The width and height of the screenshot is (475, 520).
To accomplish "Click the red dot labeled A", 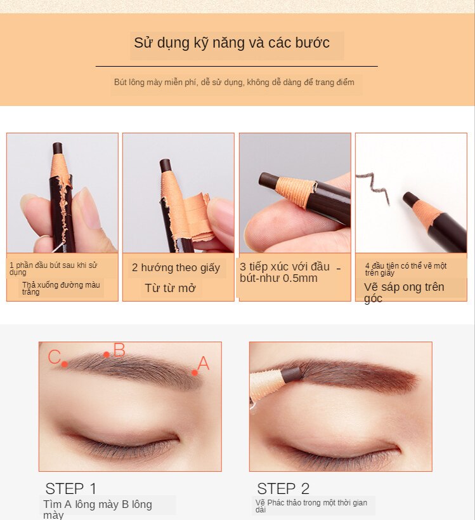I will point(195,373).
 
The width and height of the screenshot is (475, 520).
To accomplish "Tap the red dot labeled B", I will point(107,355).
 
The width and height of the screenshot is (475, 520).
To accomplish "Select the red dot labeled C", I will point(65,364).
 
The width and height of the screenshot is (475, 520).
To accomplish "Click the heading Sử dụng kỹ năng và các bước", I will point(231,44).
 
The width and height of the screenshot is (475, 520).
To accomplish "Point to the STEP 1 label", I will point(71,488).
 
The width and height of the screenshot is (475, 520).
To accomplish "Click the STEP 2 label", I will point(283,488).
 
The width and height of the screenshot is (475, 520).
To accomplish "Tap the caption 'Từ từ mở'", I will point(170,288).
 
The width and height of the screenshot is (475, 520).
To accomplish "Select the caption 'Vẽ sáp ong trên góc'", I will point(404,292).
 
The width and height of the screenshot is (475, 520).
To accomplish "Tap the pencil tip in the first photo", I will point(57,149).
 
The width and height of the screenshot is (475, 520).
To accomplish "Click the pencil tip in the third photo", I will point(266,178).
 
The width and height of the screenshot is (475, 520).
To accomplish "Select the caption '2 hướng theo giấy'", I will point(176,267).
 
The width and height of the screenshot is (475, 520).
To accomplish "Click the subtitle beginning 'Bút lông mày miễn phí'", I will point(235,83).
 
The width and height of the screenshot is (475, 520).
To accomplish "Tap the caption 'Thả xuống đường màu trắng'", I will point(61,288).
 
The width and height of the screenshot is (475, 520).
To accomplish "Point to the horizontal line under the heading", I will point(237,66).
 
